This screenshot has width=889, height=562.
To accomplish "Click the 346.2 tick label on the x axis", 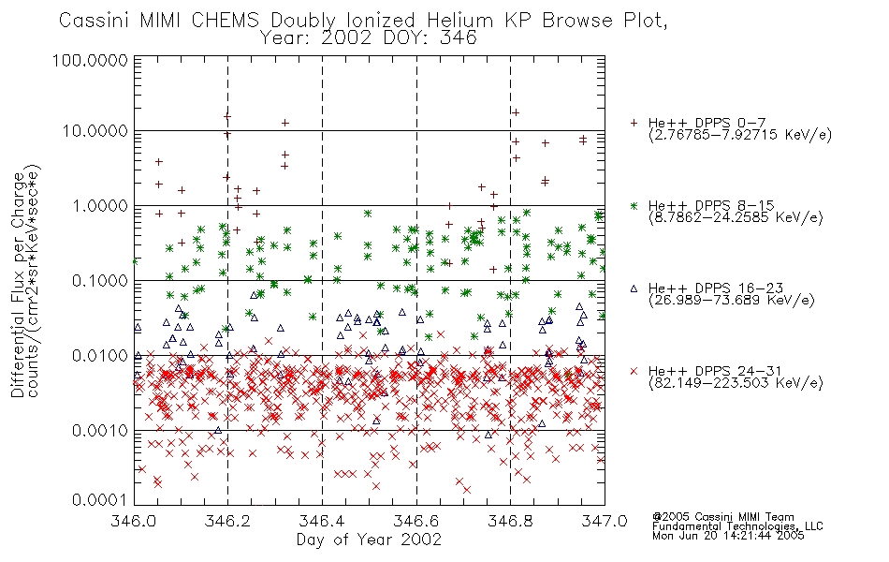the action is click(x=228, y=521).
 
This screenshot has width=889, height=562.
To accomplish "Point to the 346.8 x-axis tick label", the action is click(x=510, y=521).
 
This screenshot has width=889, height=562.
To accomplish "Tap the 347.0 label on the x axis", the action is click(x=605, y=521).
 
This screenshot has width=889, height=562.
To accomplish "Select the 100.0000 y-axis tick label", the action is click(x=90, y=60).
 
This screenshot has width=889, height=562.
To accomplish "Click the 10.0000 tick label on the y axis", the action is click(x=95, y=131).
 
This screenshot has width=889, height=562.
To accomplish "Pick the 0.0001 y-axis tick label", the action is click(x=100, y=499).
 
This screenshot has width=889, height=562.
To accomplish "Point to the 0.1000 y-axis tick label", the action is click(x=100, y=280).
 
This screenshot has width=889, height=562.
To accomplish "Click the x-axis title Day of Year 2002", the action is click(x=369, y=540).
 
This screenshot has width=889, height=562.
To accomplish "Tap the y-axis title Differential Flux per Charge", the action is click(x=18, y=285).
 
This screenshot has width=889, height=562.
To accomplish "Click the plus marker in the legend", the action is click(x=634, y=123).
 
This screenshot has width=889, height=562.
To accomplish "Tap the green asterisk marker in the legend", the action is click(x=634, y=205).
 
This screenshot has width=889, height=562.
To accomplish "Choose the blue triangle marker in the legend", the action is click(x=634, y=288).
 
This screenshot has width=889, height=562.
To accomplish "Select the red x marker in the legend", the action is click(x=634, y=371).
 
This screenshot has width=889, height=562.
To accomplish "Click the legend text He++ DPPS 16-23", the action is click(x=716, y=288).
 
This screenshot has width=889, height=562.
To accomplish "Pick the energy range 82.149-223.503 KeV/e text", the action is click(x=736, y=382).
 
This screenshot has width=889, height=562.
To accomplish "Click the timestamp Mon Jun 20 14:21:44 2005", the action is click(x=728, y=536).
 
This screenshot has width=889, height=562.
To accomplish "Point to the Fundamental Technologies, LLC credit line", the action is click(x=737, y=526).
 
